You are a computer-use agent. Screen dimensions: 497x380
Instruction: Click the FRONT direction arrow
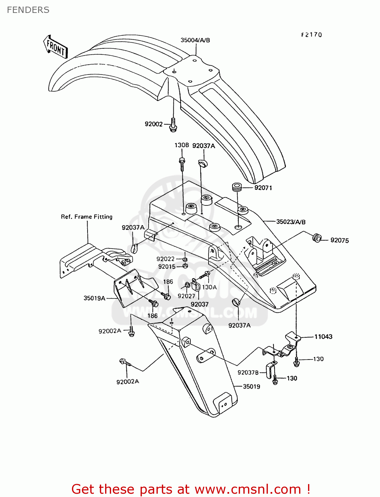55,47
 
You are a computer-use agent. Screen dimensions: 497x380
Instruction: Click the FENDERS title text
28,10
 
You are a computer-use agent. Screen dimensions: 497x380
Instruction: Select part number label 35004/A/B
195,40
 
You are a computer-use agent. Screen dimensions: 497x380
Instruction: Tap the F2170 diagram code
311,35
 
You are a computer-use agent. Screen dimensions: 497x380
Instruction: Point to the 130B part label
182,145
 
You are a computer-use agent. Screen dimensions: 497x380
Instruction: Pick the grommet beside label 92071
237,187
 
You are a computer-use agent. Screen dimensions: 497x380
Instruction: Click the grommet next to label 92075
317,238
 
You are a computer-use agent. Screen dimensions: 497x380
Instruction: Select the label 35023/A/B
291,222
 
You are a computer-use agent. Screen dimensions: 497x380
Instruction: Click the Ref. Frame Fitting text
87,217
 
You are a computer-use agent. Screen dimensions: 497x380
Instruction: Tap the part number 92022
165,259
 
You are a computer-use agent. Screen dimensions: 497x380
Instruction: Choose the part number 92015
167,267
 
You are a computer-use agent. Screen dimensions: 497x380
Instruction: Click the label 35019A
95,298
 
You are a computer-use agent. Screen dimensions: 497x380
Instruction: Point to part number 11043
323,337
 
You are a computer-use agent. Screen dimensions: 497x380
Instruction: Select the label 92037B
248,373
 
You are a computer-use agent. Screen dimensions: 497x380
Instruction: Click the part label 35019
252,387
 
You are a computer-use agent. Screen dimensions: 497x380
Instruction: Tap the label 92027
186,296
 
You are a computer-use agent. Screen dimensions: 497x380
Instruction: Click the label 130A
210,287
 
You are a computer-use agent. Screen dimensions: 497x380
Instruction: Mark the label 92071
263,188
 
